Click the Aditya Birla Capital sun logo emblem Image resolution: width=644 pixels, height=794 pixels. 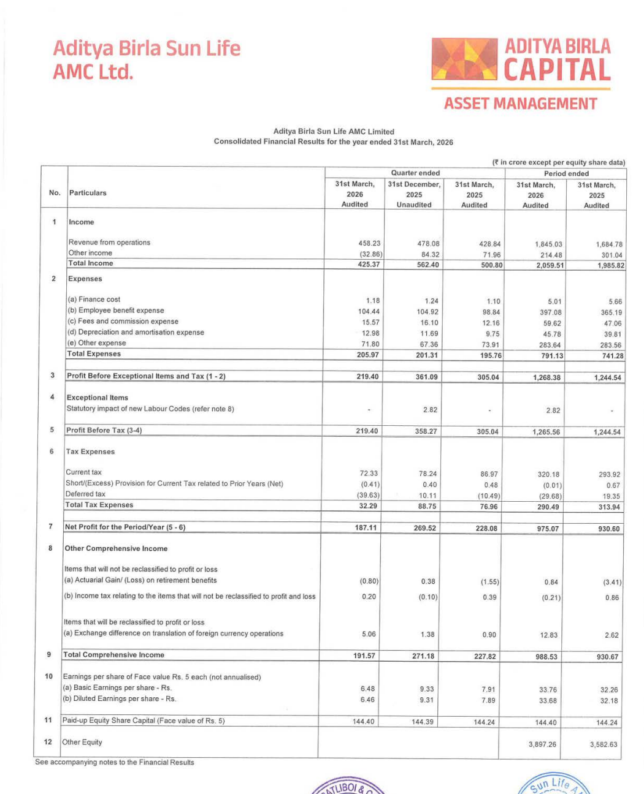point(464,59)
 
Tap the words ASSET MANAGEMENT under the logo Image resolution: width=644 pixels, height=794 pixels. point(520,104)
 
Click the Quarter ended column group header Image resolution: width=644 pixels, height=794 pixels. point(415,173)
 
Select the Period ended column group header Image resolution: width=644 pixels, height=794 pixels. point(565,173)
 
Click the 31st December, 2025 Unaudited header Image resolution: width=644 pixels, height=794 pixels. point(414,194)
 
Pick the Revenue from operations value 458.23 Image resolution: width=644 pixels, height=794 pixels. point(369,243)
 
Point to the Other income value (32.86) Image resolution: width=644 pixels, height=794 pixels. point(370,254)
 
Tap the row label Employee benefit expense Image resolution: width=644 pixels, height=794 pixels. point(116,311)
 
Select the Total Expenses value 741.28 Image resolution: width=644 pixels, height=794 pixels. point(608,356)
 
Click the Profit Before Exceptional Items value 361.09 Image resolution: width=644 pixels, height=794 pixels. point(427,377)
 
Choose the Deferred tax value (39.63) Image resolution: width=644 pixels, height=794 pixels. point(368,495)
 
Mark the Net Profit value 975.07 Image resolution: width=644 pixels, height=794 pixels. point(548,529)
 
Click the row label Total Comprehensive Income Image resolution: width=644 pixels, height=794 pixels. point(114,655)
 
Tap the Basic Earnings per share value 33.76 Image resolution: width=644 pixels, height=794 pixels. point(548,690)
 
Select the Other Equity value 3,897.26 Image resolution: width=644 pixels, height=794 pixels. point(542,744)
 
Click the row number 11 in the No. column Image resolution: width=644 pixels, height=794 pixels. point(48,720)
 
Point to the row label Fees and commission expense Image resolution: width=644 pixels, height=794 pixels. point(123,322)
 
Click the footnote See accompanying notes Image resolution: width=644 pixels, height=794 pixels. point(115,763)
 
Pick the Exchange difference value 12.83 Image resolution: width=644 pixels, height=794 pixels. point(549,635)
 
